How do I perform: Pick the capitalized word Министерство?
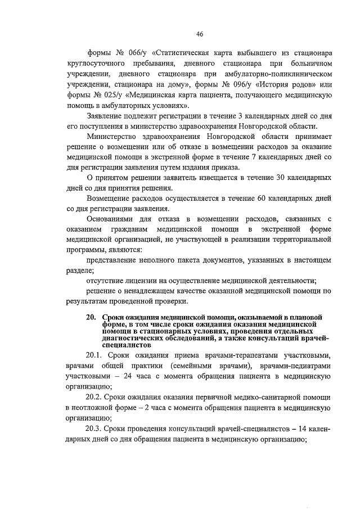(x=116, y=137)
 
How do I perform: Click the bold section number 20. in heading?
(x=92, y=317)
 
